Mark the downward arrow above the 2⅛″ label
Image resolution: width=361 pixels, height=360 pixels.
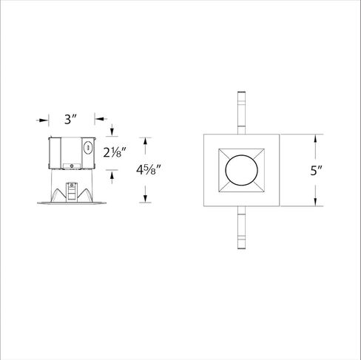(x=111, y=132)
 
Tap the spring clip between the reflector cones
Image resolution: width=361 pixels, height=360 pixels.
(x=73, y=189)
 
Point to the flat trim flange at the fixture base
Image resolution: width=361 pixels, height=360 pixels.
(x=70, y=202)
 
